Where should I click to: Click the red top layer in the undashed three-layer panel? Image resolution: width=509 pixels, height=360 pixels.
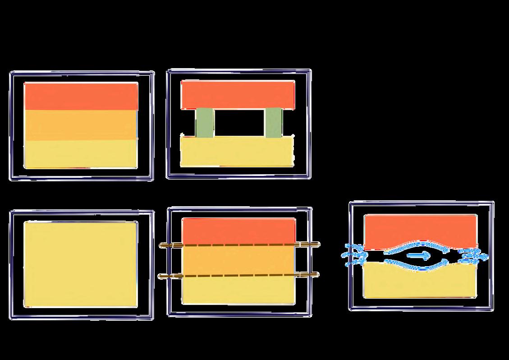(x=81, y=96)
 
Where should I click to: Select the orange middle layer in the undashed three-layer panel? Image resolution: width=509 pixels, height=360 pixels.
(x=81, y=125)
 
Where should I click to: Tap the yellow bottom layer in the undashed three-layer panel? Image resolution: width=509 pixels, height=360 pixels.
(x=81, y=154)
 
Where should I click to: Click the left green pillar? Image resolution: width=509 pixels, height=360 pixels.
(x=205, y=123)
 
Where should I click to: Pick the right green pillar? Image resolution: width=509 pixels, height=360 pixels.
(x=273, y=123)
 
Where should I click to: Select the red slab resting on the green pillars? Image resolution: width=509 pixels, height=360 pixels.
(x=238, y=95)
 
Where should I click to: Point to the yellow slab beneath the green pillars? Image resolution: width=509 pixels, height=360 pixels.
(x=237, y=151)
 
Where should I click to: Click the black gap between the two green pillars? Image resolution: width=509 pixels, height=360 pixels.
(x=239, y=123)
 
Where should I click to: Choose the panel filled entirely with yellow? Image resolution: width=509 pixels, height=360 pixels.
(x=81, y=264)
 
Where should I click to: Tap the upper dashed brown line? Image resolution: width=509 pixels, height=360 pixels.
(x=239, y=245)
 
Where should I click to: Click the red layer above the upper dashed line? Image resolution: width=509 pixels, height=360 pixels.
(x=239, y=231)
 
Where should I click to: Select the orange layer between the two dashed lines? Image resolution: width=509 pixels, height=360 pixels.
(x=239, y=260)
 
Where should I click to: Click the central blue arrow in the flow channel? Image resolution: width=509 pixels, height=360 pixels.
(x=419, y=255)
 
